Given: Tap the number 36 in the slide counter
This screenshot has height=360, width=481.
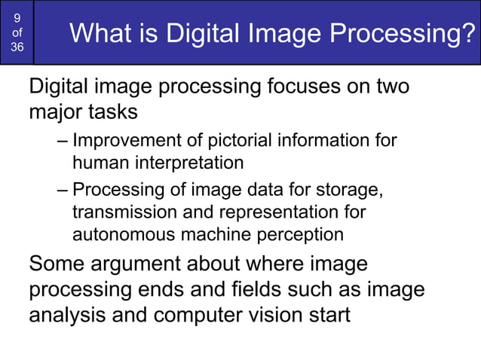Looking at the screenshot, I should tap(17, 47).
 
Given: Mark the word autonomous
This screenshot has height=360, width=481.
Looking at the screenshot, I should tap(123, 234).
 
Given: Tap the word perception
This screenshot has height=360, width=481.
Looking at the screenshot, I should tap(301, 234).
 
